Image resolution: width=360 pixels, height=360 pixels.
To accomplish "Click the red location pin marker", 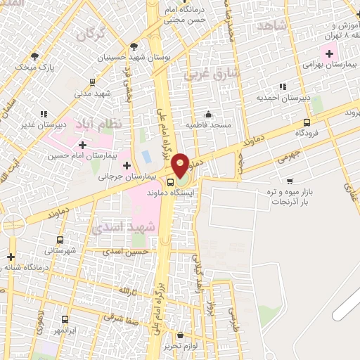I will pos(180,165).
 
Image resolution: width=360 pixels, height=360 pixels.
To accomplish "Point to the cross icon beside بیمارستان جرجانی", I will pos(127,165).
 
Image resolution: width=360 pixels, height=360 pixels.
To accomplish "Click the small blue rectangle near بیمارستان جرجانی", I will pos(146,155).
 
